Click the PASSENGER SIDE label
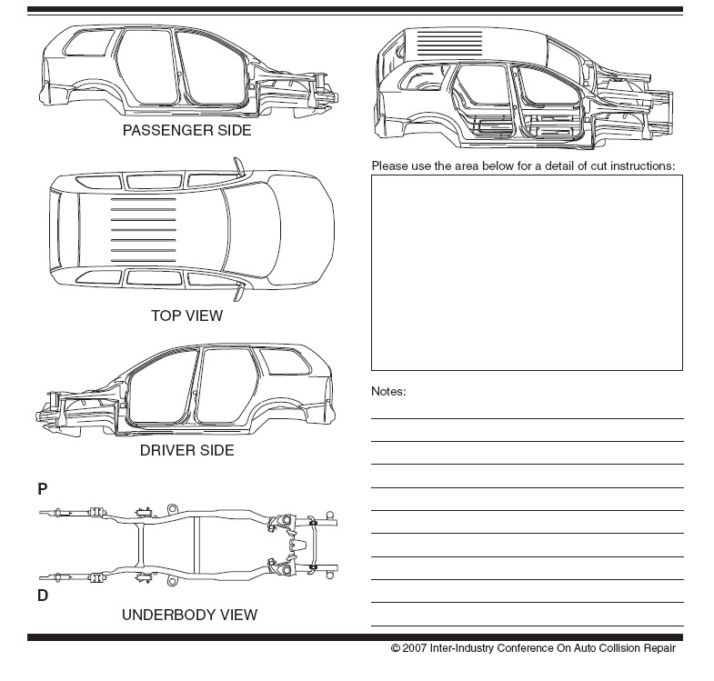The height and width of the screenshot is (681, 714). pyautogui.click(x=186, y=130)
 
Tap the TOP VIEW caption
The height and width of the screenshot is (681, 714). pyautogui.click(x=186, y=315)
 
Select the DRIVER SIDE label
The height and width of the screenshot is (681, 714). pyautogui.click(x=186, y=450)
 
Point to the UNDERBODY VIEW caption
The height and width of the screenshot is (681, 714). pyautogui.click(x=189, y=615)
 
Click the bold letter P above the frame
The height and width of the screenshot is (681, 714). pyautogui.click(x=43, y=489)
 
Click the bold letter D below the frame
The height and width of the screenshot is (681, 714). pyautogui.click(x=43, y=596)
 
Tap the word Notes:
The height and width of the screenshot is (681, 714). pyautogui.click(x=388, y=391)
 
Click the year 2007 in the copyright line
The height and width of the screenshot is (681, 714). pyautogui.click(x=415, y=647)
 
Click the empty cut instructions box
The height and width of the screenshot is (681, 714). pyautogui.click(x=527, y=273)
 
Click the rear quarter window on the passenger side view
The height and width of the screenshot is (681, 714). pyautogui.click(x=88, y=44)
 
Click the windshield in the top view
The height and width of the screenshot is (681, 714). pyautogui.click(x=251, y=230)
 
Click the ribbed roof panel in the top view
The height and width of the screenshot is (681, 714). pyautogui.click(x=144, y=230)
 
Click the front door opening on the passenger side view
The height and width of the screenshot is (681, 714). pyautogui.click(x=207, y=67)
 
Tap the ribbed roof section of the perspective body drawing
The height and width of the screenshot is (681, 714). pyautogui.click(x=449, y=44)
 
